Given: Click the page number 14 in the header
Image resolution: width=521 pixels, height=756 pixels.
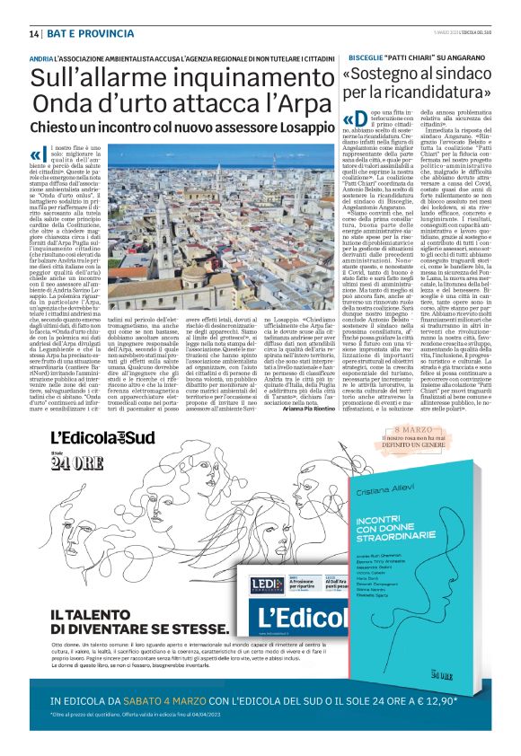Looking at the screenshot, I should pos(33,34).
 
